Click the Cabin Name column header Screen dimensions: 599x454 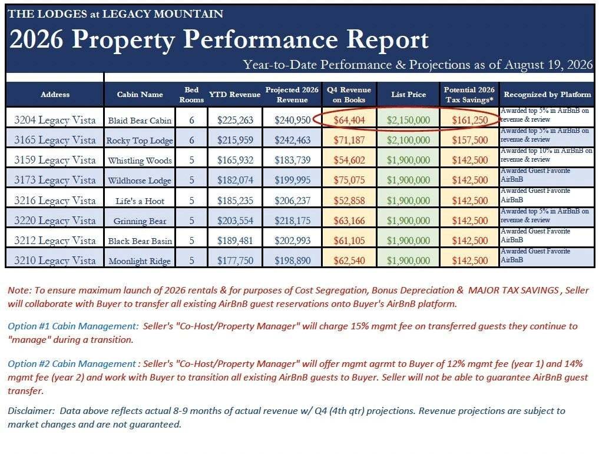pyautogui.click(x=140, y=95)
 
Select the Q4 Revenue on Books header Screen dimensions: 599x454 pyautogui.click(x=349, y=95)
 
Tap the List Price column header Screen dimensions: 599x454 pyautogui.click(x=408, y=95)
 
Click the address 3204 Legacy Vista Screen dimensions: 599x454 pyautogui.click(x=55, y=120)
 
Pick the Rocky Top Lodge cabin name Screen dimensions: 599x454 pyautogui.click(x=140, y=141)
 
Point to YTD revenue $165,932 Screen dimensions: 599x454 pyautogui.click(x=236, y=160)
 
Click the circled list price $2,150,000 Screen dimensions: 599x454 pyautogui.click(x=408, y=120)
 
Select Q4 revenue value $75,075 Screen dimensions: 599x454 pyautogui.click(x=349, y=180)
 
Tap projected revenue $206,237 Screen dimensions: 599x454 pyautogui.click(x=292, y=201)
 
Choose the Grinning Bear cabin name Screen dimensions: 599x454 pyautogui.click(x=140, y=221)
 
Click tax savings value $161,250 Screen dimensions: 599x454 pyautogui.click(x=470, y=120)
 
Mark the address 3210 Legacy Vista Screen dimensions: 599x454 pyautogui.click(x=55, y=261)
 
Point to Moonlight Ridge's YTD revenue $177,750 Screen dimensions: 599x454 pyautogui.click(x=236, y=261)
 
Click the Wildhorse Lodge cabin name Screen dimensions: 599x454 pyautogui.click(x=140, y=181)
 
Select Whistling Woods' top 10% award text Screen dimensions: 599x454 pyautogui.click(x=546, y=155)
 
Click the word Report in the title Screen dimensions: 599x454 pyautogui.click(x=388, y=39)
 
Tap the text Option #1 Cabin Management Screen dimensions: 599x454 pyautogui.click(x=73, y=326)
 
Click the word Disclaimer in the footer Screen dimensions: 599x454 pyautogui.click(x=31, y=411)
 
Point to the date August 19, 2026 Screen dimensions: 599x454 pyautogui.click(x=548, y=65)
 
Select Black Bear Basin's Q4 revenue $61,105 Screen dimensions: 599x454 pyautogui.click(x=349, y=241)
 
